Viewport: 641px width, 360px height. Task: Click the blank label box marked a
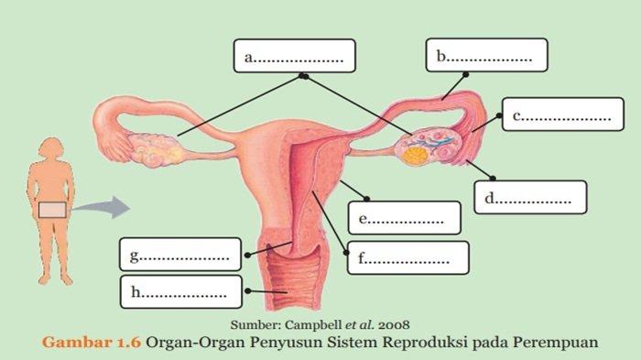click(x=293, y=56)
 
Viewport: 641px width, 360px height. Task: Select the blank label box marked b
click(x=485, y=55)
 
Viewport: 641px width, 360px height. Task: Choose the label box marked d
click(x=529, y=196)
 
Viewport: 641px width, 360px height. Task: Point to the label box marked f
click(x=407, y=258)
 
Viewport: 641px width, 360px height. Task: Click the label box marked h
click(x=180, y=292)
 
